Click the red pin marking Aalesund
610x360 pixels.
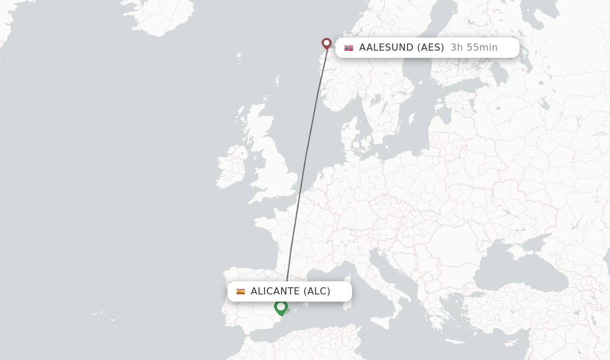pyautogui.click(x=326, y=43)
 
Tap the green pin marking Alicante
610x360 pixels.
pyautogui.click(x=281, y=307)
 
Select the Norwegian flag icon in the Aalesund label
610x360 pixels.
pyautogui.click(x=348, y=48)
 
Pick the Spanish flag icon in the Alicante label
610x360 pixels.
pyautogui.click(x=241, y=291)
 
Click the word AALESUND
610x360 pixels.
pyautogui.click(x=387, y=48)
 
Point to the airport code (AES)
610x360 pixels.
pyautogui.click(x=430, y=48)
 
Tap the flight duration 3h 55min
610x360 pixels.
pyautogui.click(x=474, y=48)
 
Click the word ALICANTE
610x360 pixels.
pyautogui.click(x=275, y=291)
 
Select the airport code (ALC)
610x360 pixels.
pyautogui.click(x=317, y=291)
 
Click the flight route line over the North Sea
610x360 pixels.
pyautogui.click(x=313, y=119)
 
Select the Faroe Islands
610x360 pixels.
pyautogui.click(x=239, y=58)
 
